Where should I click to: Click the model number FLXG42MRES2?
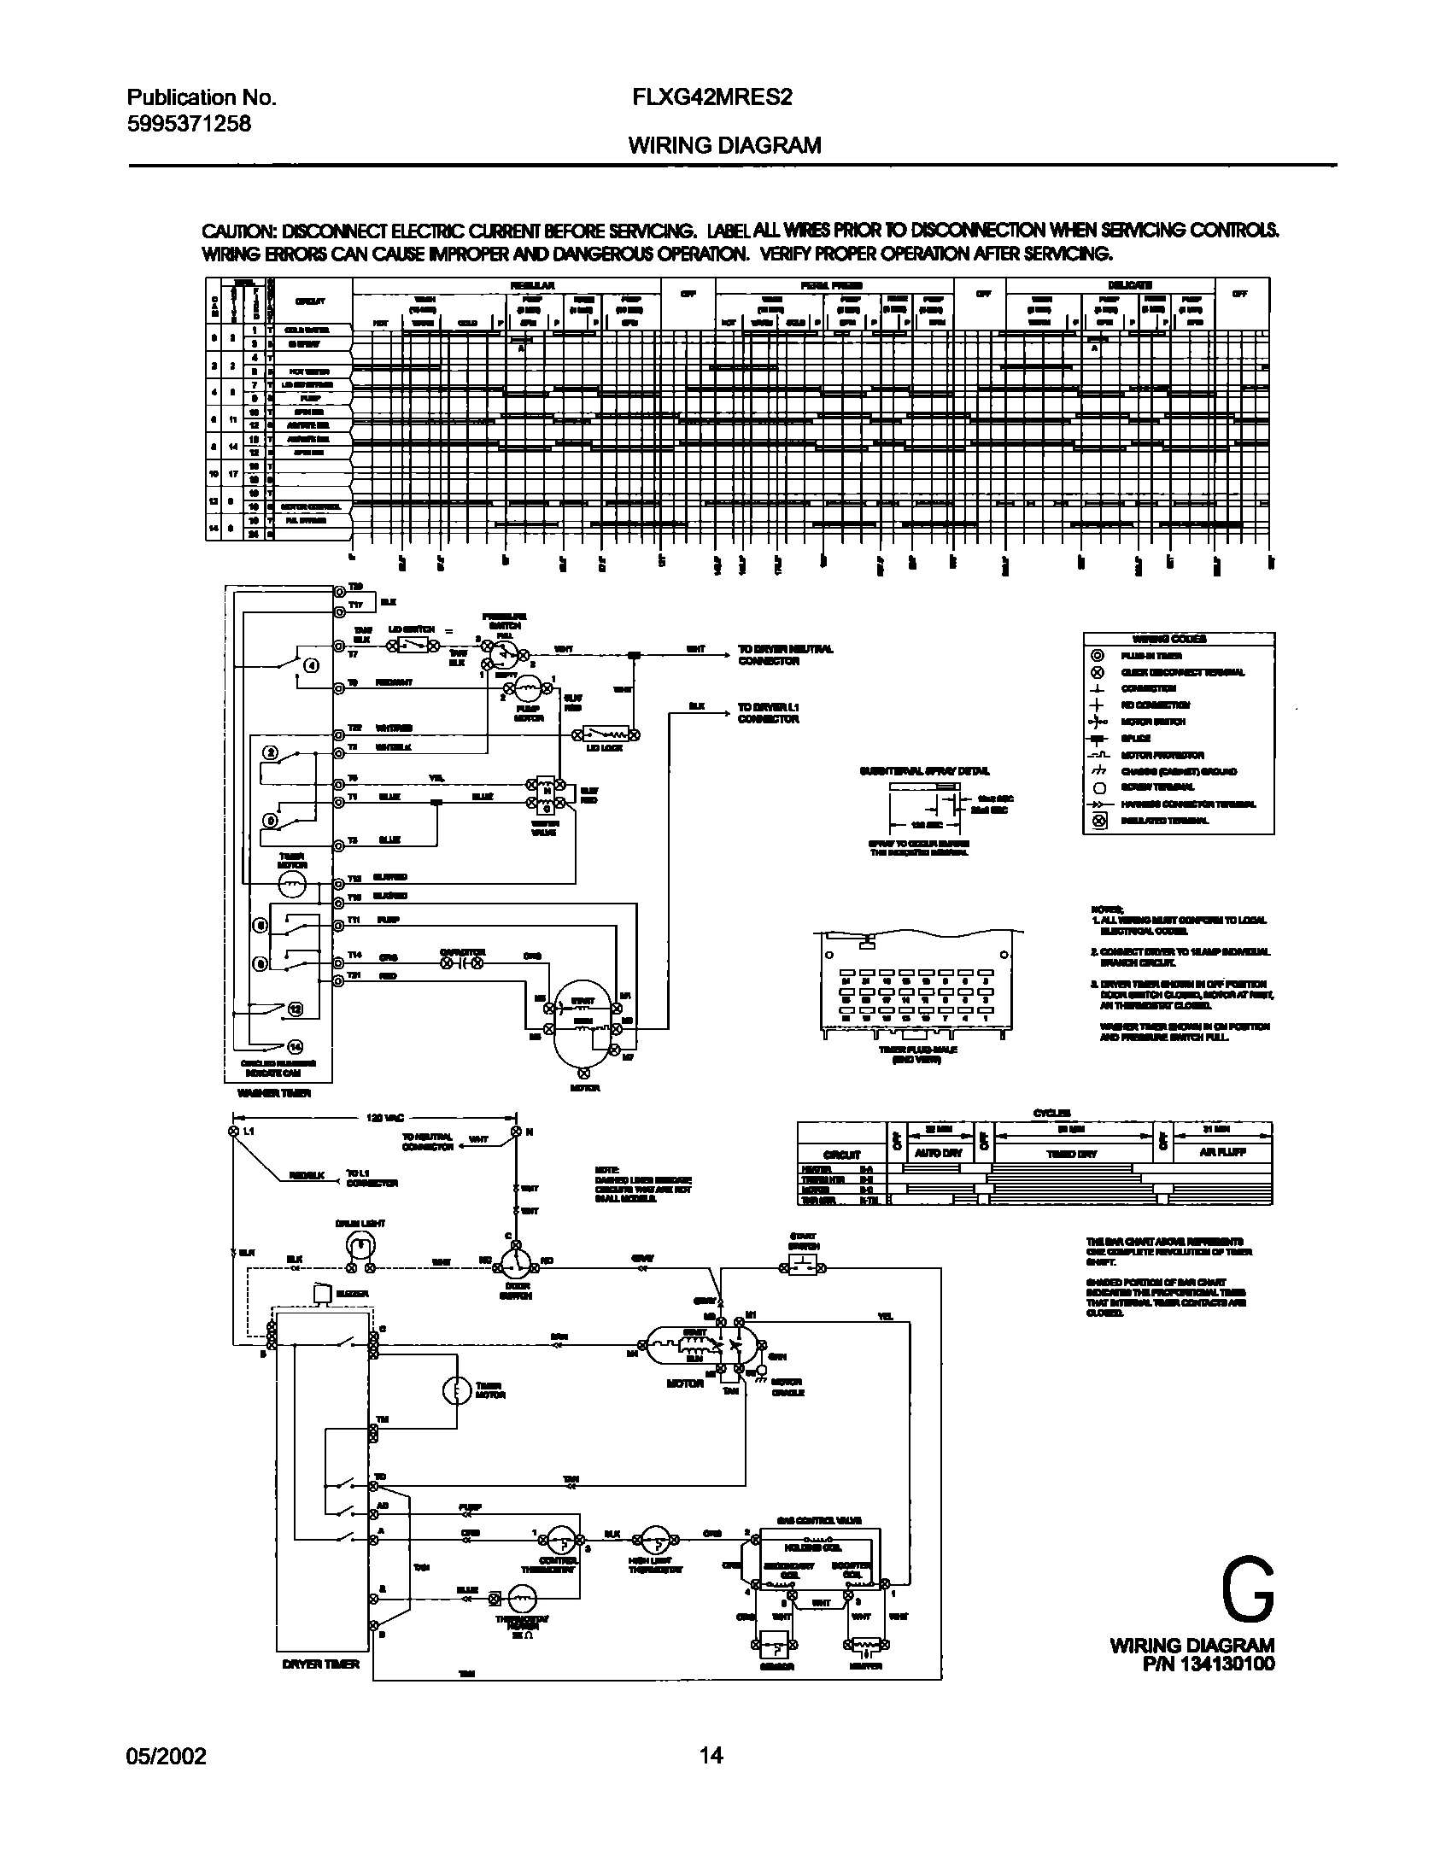[x=711, y=97]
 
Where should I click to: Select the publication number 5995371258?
[x=189, y=124]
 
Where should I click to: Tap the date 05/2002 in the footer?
[x=167, y=1756]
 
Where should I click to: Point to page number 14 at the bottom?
[x=711, y=1756]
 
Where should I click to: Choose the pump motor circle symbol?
[x=529, y=687]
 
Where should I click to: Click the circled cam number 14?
[x=296, y=1046]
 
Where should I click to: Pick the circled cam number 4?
[x=312, y=667]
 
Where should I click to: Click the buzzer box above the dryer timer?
[x=322, y=1294]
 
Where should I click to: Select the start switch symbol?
[x=804, y=1268]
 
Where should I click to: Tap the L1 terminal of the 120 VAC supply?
[x=231, y=1132]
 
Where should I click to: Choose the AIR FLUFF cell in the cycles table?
[x=1221, y=1153]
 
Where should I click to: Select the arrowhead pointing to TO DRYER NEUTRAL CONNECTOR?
[x=726, y=650]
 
